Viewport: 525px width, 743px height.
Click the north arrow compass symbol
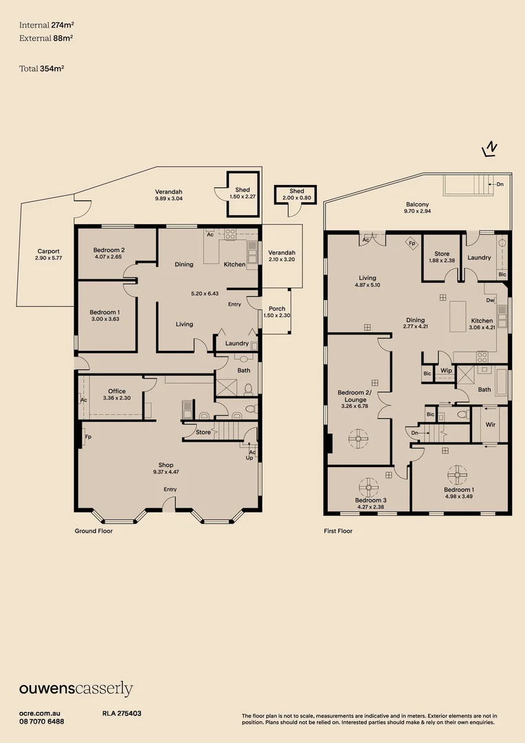click(491, 149)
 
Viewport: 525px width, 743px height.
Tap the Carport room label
click(48, 255)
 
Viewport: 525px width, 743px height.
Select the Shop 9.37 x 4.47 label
click(166, 469)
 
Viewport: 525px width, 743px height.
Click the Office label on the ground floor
click(117, 395)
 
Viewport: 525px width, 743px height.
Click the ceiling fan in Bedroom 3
click(370, 486)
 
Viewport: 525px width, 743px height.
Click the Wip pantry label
click(446, 371)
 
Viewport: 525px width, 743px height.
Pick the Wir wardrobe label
click(490, 424)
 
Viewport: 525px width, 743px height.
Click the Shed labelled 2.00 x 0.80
click(296, 195)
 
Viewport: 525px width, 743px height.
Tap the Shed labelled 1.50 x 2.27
click(242, 193)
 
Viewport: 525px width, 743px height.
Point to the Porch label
click(277, 312)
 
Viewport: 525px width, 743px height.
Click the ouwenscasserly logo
click(76, 689)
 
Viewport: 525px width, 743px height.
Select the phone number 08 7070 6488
click(42, 721)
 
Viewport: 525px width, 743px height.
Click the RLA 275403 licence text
click(122, 714)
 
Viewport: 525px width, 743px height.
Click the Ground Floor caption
click(93, 531)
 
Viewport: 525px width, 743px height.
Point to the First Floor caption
click(338, 531)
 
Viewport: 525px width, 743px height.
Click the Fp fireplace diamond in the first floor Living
click(412, 243)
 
